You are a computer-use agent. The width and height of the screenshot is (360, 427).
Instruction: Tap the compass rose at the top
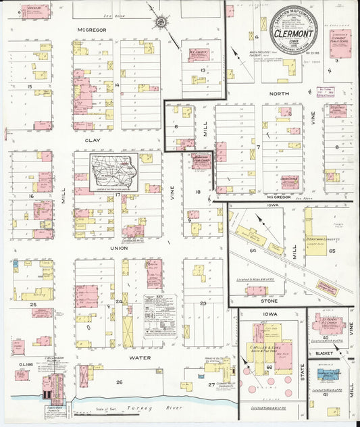161,22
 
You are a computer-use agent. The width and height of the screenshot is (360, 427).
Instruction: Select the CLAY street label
92,141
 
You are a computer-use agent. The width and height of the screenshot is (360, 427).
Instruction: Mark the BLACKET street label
326,353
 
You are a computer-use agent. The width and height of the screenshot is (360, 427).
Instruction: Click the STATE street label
302,374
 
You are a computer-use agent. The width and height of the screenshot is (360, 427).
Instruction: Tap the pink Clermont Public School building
340,41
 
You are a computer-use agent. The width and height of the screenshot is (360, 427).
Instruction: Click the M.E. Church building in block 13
201,54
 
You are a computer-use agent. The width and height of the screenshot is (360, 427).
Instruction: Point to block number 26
119,382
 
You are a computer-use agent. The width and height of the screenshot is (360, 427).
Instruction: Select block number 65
332,251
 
